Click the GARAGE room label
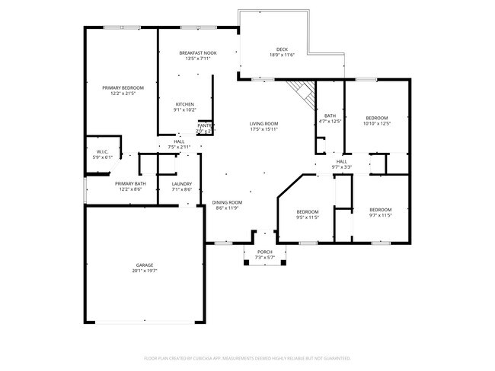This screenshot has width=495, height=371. [x=144, y=265]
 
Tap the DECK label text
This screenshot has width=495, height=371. [x=282, y=49]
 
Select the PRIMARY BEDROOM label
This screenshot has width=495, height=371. [x=123, y=88]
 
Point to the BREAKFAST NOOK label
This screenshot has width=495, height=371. [x=198, y=52]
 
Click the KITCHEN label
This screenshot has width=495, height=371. [x=185, y=104]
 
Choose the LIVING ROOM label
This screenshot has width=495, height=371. [x=264, y=124]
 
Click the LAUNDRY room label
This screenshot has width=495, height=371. [x=181, y=184]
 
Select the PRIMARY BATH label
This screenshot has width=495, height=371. [x=130, y=184]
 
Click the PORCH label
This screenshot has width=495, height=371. [x=264, y=252]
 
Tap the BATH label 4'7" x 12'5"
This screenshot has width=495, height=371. [x=330, y=116]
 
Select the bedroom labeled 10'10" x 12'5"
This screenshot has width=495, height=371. [x=377, y=118]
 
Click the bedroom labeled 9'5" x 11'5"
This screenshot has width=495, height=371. [x=307, y=211]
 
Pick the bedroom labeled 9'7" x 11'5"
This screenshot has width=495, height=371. [x=380, y=210]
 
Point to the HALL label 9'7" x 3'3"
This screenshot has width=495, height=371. [x=342, y=161]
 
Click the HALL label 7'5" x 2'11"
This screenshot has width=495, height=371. [x=179, y=141]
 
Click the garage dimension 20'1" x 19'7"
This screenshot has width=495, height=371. [x=144, y=270]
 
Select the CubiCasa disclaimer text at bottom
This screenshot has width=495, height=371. [x=247, y=357]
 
